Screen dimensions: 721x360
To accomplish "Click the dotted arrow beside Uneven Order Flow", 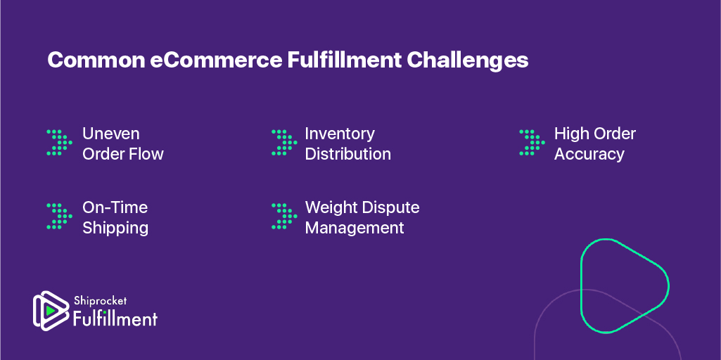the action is click(59, 142).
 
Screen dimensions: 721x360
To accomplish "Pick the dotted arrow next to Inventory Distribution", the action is click(284, 142).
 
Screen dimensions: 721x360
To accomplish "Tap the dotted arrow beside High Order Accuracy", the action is click(532, 142).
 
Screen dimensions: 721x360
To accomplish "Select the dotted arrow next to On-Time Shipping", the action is click(59, 216).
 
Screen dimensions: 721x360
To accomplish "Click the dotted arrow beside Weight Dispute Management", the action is click(284, 216).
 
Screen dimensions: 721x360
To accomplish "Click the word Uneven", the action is click(111, 134).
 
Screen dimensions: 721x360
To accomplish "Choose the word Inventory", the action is click(340, 134).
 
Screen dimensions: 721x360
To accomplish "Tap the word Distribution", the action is click(348, 154).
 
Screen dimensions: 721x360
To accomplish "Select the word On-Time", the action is click(115, 207).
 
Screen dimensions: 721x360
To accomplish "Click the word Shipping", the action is click(115, 228).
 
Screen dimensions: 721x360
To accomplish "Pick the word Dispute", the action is click(391, 208).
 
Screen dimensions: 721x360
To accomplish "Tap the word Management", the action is click(355, 228).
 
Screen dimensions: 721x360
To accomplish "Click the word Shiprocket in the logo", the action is click(100, 302).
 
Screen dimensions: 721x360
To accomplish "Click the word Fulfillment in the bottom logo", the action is click(115, 318).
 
